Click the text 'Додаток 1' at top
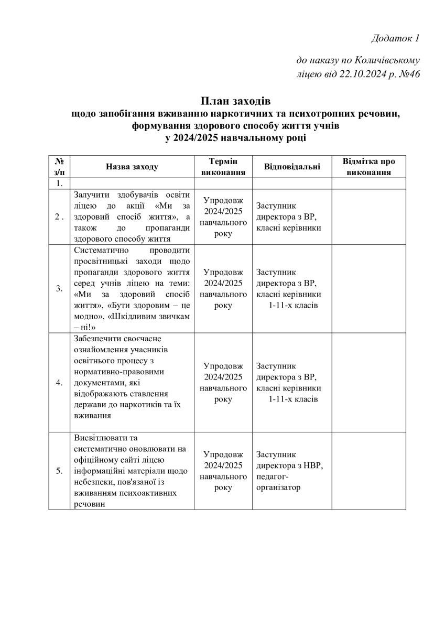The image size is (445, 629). (x=396, y=38)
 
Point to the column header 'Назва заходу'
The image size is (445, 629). (x=132, y=167)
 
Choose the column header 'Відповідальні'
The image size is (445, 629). (x=292, y=167)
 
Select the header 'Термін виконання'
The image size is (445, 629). (x=223, y=167)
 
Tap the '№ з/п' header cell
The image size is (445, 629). (x=59, y=167)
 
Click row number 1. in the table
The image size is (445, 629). (x=59, y=183)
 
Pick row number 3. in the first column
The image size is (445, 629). (x=59, y=288)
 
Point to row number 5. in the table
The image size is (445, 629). (x=59, y=471)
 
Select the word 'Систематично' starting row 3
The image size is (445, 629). (x=100, y=250)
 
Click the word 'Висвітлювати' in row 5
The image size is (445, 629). (x=99, y=438)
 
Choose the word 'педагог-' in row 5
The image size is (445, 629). (x=273, y=476)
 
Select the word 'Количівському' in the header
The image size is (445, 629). (x=388, y=60)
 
